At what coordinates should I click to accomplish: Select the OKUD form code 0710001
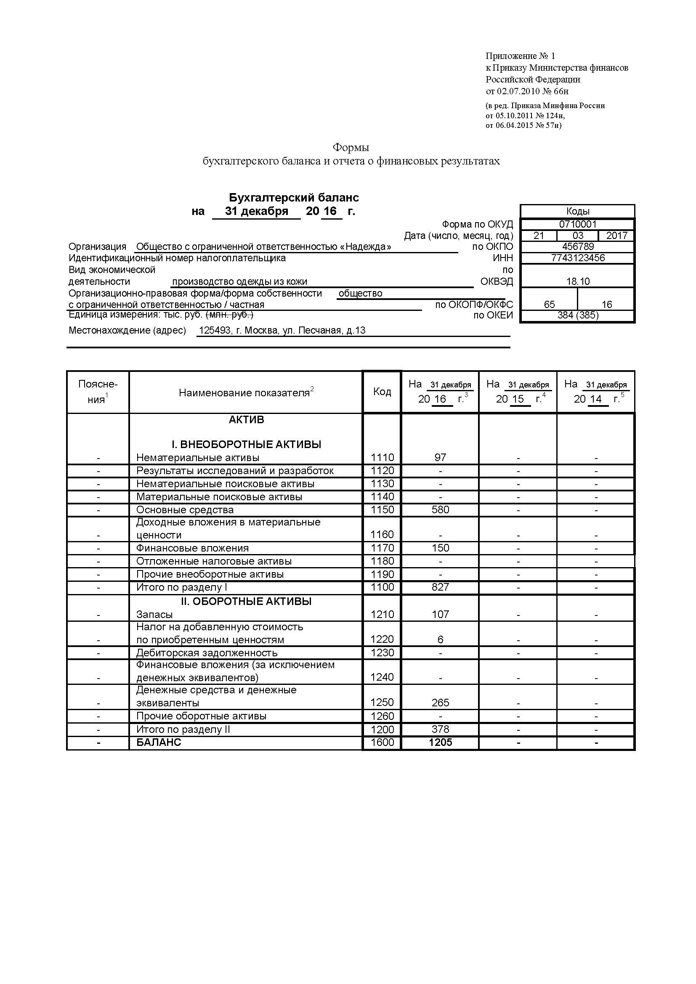[x=577, y=224]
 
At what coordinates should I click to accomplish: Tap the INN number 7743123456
[x=577, y=258]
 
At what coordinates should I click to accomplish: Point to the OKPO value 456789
[x=577, y=247]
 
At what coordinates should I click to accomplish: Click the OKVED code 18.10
[x=577, y=281]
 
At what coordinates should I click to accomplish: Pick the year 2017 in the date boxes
[x=616, y=236]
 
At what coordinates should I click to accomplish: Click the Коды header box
[x=577, y=211]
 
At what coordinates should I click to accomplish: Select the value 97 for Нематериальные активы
[x=440, y=458]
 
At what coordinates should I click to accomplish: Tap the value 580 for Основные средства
[x=440, y=510]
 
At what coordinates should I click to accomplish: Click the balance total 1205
[x=440, y=742]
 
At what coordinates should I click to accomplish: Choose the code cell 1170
[x=382, y=548]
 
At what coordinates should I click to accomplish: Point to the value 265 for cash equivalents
[x=440, y=703]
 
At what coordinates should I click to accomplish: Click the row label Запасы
[x=154, y=615]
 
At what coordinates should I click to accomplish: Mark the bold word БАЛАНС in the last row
[x=159, y=742]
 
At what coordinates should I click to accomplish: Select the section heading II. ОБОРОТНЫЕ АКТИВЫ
[x=246, y=601]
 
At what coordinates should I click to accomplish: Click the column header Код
[x=382, y=392]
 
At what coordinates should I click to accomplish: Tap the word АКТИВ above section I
[x=246, y=419]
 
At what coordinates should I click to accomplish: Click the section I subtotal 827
[x=440, y=587]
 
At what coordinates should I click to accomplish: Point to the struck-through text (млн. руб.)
[x=230, y=315]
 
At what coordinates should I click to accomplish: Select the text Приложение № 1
[x=520, y=56]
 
